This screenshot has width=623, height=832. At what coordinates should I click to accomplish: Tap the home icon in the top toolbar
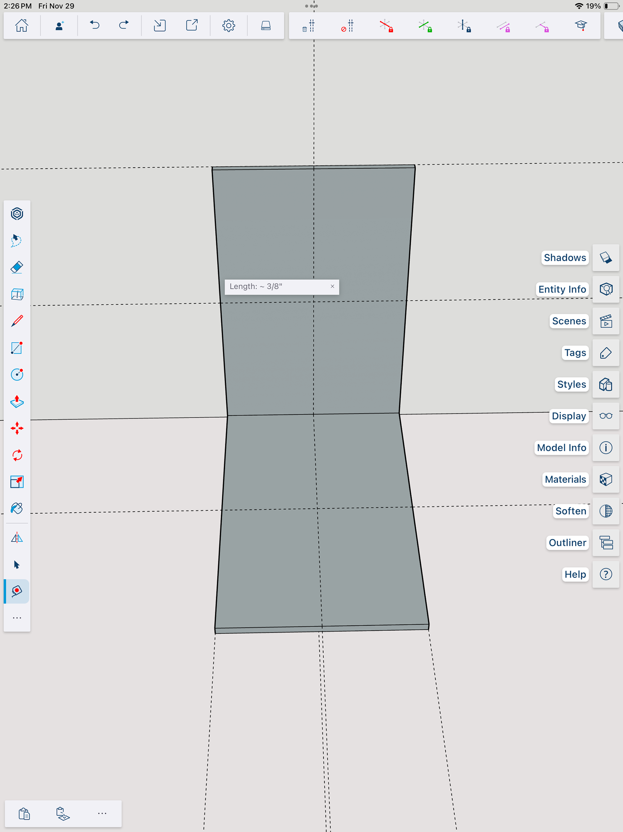pyautogui.click(x=21, y=26)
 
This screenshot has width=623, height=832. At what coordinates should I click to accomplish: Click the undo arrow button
pyautogui.click(x=94, y=25)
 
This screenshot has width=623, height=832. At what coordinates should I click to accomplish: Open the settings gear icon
pyautogui.click(x=228, y=26)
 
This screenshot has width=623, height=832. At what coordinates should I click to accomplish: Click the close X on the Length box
pyautogui.click(x=332, y=286)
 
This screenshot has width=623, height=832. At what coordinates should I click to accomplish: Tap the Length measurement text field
pyautogui.click(x=276, y=287)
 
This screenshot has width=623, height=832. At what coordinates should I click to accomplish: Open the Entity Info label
pyautogui.click(x=562, y=289)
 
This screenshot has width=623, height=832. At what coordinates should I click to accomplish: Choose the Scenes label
pyautogui.click(x=568, y=321)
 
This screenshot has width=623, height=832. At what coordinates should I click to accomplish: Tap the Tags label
pyautogui.click(x=575, y=353)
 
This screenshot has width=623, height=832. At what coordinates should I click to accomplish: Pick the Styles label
pyautogui.click(x=571, y=384)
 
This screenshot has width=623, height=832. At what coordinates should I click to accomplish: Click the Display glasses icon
pyautogui.click(x=606, y=416)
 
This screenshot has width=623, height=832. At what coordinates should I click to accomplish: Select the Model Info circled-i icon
pyautogui.click(x=606, y=448)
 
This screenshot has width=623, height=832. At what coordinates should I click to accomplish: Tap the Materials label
pyautogui.click(x=565, y=479)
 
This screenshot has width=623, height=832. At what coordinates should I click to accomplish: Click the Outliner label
pyautogui.click(x=567, y=543)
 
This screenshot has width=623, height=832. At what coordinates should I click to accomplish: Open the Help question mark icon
pyautogui.click(x=606, y=574)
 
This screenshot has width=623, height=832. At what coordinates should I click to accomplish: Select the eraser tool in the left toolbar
pyautogui.click(x=17, y=267)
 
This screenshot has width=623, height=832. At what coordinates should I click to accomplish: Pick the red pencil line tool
pyautogui.click(x=17, y=321)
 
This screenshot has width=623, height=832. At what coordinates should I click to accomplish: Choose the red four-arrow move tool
pyautogui.click(x=17, y=429)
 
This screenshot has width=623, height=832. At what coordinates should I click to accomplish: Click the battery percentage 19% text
pyautogui.click(x=593, y=6)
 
